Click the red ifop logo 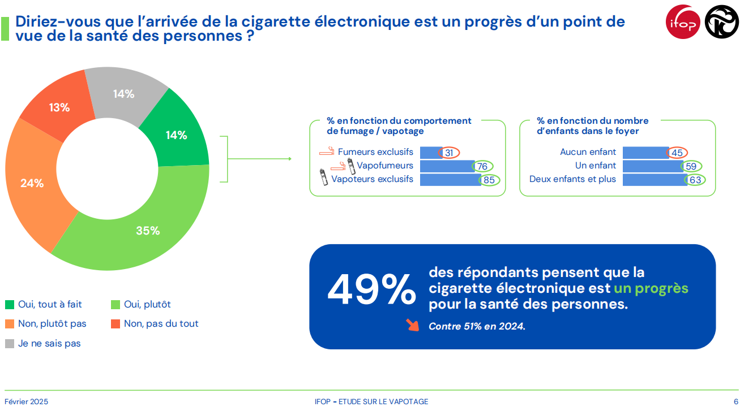click(x=683, y=22)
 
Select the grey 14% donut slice click(x=123, y=94)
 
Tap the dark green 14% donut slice click(x=176, y=135)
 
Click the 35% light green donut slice click(x=147, y=231)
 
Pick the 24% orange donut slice click(x=32, y=183)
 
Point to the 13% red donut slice click(x=59, y=107)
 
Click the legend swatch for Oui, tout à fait click(x=10, y=305)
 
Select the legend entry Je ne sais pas click(x=49, y=343)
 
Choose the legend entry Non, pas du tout click(x=161, y=324)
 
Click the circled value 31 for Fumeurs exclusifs click(x=448, y=153)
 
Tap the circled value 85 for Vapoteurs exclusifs click(x=489, y=180)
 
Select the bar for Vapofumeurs click(x=447, y=166)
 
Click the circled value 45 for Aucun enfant click(x=677, y=153)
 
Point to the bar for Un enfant click(x=652, y=166)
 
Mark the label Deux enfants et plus click(x=572, y=180)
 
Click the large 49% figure click(x=371, y=291)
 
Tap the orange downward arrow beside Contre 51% click(x=412, y=325)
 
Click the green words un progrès click(x=651, y=288)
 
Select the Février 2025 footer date click(x=27, y=401)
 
